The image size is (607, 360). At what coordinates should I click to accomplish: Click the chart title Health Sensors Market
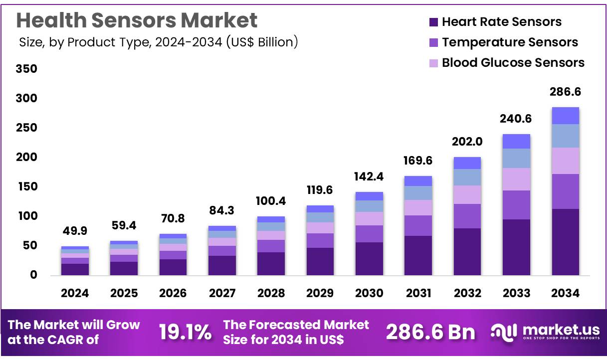(137, 20)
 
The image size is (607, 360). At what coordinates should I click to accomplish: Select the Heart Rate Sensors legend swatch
(433, 22)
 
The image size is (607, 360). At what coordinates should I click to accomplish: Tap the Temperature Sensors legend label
(510, 42)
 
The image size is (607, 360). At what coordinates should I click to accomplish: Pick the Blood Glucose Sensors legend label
(513, 63)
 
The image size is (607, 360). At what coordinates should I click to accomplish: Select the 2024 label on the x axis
(75, 293)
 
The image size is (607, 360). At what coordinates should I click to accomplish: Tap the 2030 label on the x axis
(369, 293)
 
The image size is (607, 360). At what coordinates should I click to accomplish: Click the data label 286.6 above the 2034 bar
(565, 92)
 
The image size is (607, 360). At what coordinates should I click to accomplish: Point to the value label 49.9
(75, 232)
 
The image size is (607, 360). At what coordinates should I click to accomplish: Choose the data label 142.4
(369, 177)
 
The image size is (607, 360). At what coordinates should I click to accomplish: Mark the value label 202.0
(467, 142)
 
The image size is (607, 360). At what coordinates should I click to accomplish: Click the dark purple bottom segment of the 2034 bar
(565, 242)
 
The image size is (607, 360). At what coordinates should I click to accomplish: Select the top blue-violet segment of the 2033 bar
(516, 141)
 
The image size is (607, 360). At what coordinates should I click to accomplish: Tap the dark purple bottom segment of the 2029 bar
(320, 261)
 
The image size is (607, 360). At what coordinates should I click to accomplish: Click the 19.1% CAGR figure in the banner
(185, 332)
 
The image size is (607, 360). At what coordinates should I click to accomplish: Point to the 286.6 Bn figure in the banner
(430, 332)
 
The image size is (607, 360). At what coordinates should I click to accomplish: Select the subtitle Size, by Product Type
(158, 42)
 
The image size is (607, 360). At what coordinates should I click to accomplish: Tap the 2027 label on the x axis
(222, 293)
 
